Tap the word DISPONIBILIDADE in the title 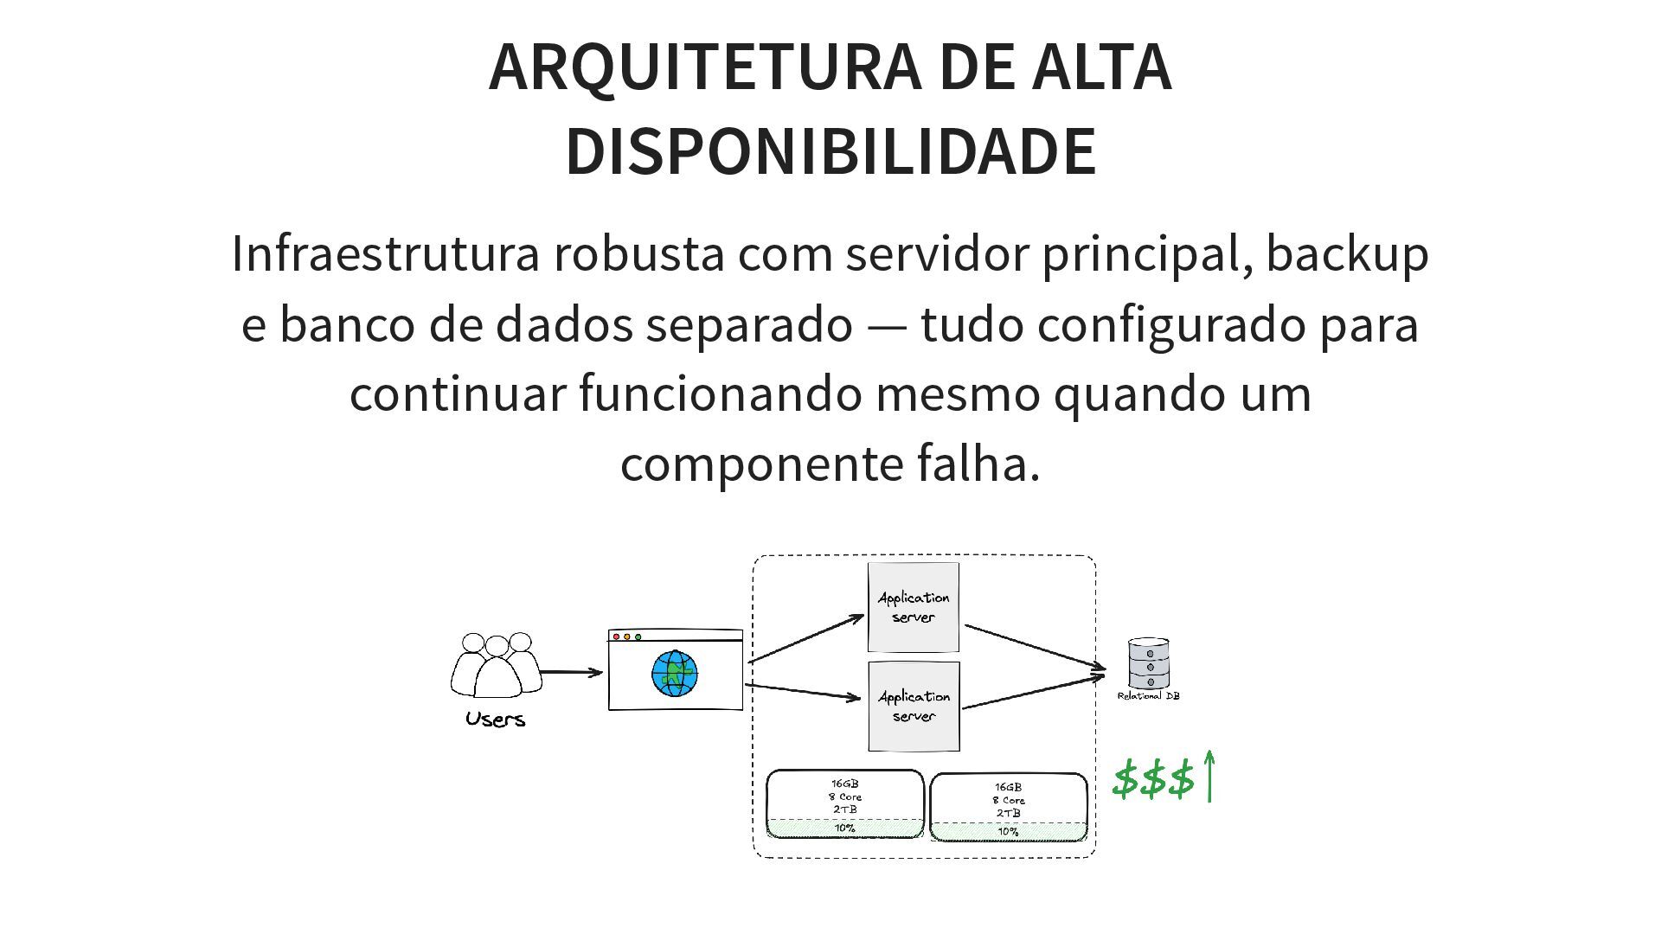[830, 151]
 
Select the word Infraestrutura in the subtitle [386, 254]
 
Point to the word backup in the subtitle [1347, 254]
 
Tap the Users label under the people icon [495, 720]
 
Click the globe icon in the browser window [675, 674]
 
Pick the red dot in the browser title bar [617, 637]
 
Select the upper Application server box [914, 607]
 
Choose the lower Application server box [914, 707]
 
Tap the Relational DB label [1149, 696]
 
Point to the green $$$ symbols [1153, 778]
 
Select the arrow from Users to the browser [571, 672]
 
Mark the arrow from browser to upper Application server [806, 638]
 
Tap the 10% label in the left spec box [844, 828]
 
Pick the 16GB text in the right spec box [1008, 788]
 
